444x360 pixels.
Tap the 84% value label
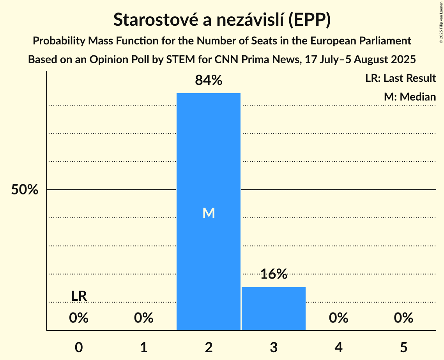click(x=209, y=81)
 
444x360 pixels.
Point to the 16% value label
click(x=273, y=274)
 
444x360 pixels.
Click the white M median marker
click(x=209, y=213)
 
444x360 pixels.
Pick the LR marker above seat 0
click(x=79, y=296)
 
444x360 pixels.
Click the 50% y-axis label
click(x=25, y=190)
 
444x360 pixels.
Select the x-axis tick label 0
click(x=79, y=347)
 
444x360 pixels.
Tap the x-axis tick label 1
click(x=144, y=347)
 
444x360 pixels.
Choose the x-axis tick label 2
click(x=209, y=347)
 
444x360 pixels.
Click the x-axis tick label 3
click(x=273, y=347)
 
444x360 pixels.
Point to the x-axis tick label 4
click(x=338, y=347)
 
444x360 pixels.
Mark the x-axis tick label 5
click(x=403, y=347)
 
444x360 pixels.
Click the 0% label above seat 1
click(x=144, y=318)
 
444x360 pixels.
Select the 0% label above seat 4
click(x=338, y=318)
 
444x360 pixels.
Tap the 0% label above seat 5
click(x=403, y=318)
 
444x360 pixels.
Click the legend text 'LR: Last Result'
click(x=400, y=78)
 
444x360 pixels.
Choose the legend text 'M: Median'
click(x=410, y=97)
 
